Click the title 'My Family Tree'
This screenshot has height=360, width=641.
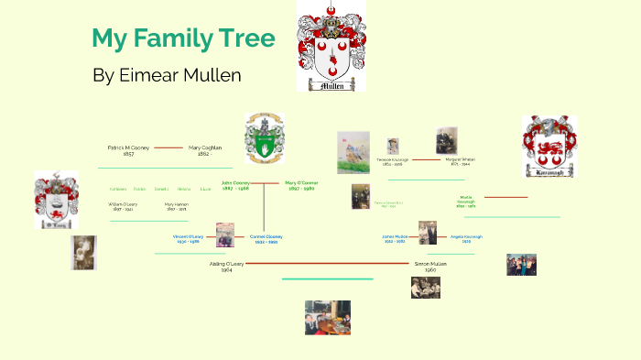pyautogui.click(x=183, y=38)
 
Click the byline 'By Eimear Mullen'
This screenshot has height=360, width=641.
pyautogui.click(x=167, y=75)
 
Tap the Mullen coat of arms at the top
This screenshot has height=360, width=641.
pyautogui.click(x=331, y=45)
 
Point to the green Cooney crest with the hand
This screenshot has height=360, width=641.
pyautogui.click(x=264, y=138)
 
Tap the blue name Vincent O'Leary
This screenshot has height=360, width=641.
pyautogui.click(x=188, y=238)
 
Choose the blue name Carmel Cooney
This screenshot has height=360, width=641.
pyautogui.click(x=266, y=238)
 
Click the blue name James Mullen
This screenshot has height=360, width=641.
pyautogui.click(x=395, y=237)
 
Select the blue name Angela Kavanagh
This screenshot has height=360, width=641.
pyautogui.click(x=466, y=237)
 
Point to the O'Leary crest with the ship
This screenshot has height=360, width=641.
pyautogui.click(x=56, y=200)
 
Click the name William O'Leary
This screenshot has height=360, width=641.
pyautogui.click(x=122, y=206)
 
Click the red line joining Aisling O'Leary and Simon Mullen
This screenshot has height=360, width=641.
pyautogui.click(x=325, y=263)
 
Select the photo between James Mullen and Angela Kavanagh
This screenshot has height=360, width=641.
pyautogui.click(x=428, y=233)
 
